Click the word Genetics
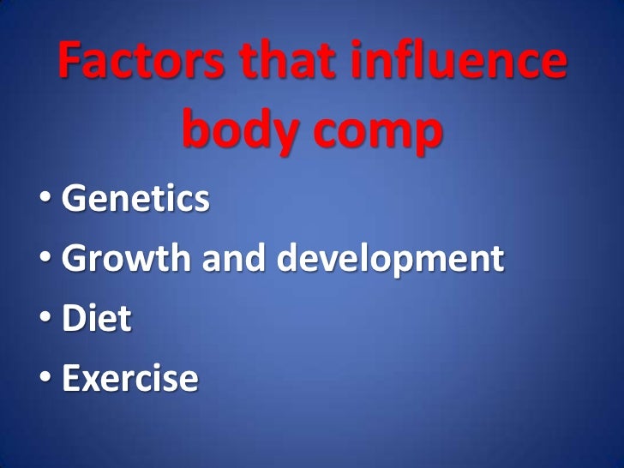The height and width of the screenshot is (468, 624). tap(135, 201)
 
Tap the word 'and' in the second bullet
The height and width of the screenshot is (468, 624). tap(235, 260)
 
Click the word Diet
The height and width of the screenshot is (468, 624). tap(96, 319)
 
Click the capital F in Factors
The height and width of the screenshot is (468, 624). tap(72, 63)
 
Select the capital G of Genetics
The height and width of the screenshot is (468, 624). tap(75, 201)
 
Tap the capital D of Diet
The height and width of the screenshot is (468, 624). tap(75, 319)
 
